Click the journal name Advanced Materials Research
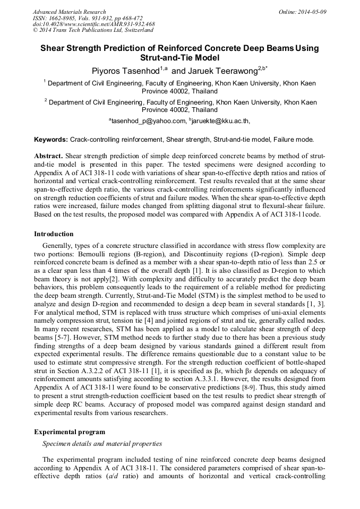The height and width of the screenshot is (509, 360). coord(69,12)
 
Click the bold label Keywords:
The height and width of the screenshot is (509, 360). coord(51,140)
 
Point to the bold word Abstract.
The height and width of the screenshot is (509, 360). coord(48,157)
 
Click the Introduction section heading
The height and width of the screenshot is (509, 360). coord(54,234)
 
